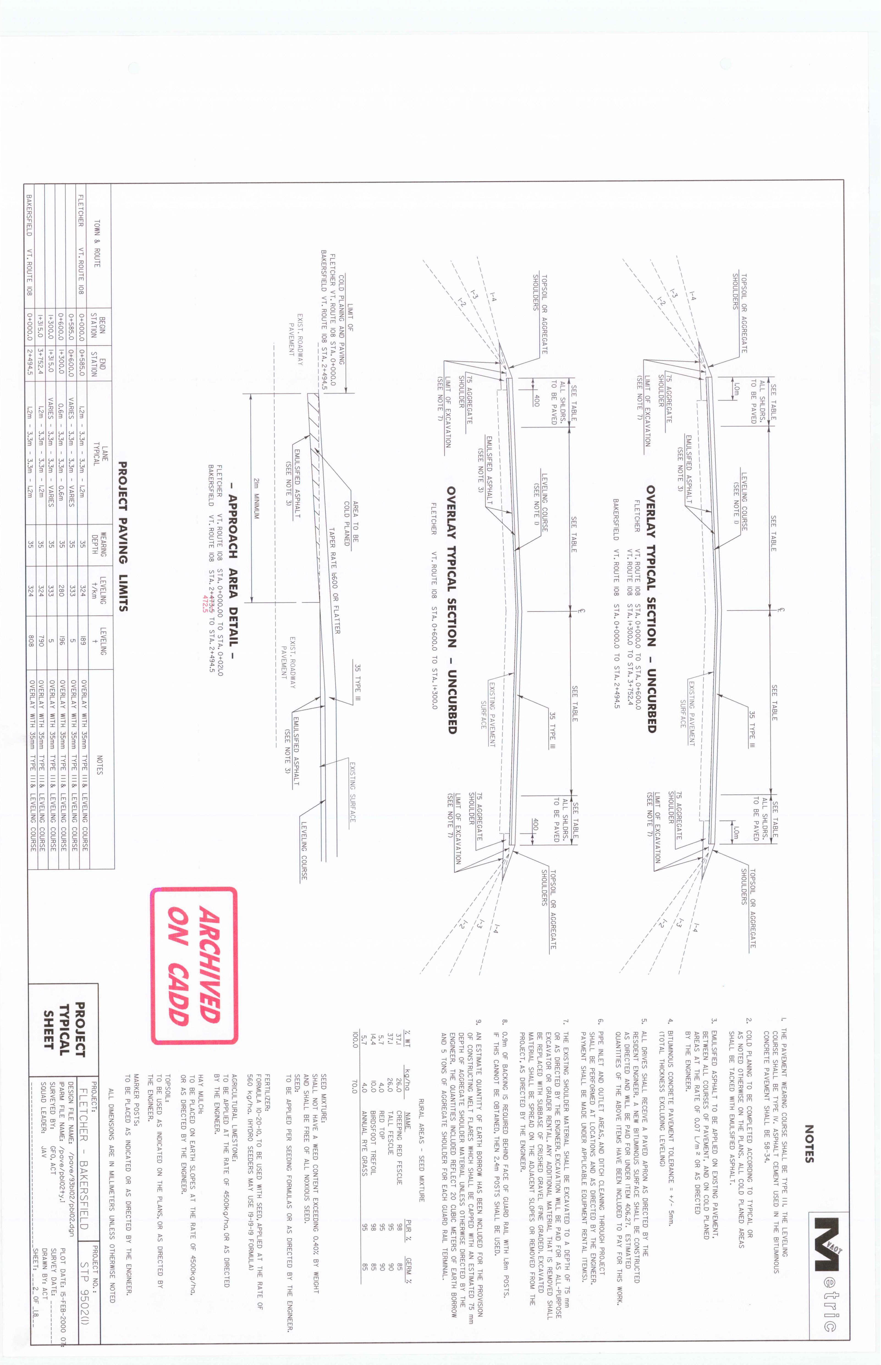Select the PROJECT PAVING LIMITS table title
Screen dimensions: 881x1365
click(123, 536)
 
